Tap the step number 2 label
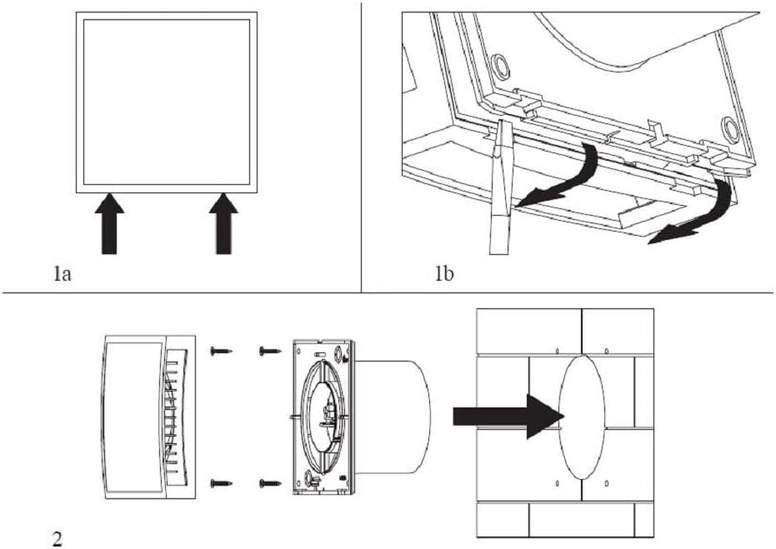click(57, 538)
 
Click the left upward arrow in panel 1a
click(109, 222)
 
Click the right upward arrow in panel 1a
click(223, 222)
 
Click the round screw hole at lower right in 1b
click(731, 127)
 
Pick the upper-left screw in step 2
click(221, 351)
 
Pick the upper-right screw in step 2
click(268, 351)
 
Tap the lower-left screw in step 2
click(221, 482)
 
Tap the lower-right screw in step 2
click(268, 482)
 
